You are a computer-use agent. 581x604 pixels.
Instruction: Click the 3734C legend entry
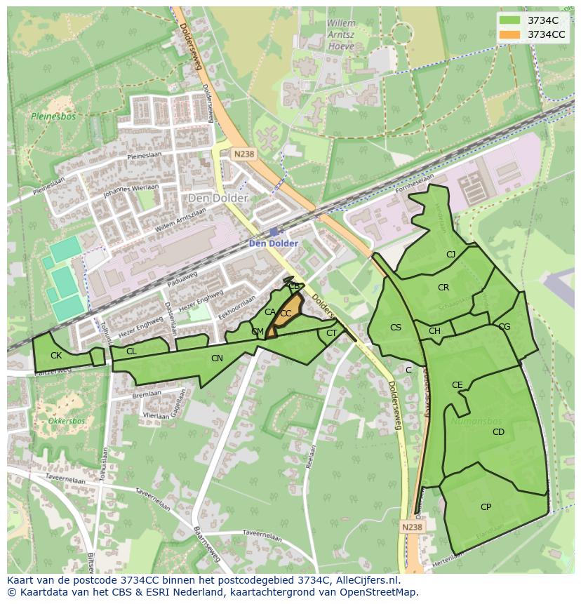[x=533, y=20]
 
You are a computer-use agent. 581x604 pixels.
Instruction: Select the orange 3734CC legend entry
[x=533, y=34]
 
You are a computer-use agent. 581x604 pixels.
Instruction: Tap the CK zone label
[x=56, y=356]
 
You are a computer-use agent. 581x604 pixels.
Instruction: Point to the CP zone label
[x=486, y=506]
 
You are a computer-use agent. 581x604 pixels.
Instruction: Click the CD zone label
[x=498, y=432]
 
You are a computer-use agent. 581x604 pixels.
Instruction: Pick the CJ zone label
[x=450, y=255]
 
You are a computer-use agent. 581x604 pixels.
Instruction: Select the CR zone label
[x=443, y=288]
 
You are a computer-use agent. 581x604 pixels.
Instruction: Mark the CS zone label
[x=396, y=328]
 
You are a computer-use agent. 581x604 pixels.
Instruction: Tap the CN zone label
[x=217, y=358]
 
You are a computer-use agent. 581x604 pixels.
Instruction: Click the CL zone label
[x=131, y=351]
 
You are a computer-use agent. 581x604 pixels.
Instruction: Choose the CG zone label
[x=504, y=327]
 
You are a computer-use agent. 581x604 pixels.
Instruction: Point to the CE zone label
[x=458, y=385]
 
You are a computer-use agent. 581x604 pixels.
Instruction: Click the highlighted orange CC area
[x=286, y=314]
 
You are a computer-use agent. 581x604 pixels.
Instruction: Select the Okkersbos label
[x=67, y=421]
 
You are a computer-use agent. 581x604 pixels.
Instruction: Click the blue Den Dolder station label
[x=274, y=243]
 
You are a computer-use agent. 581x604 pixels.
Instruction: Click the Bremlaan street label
[x=147, y=395]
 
